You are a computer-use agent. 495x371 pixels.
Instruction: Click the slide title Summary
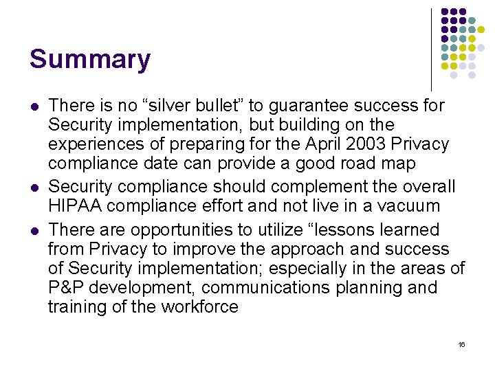coord(89,59)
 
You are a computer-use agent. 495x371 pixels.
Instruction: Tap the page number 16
coord(461,344)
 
